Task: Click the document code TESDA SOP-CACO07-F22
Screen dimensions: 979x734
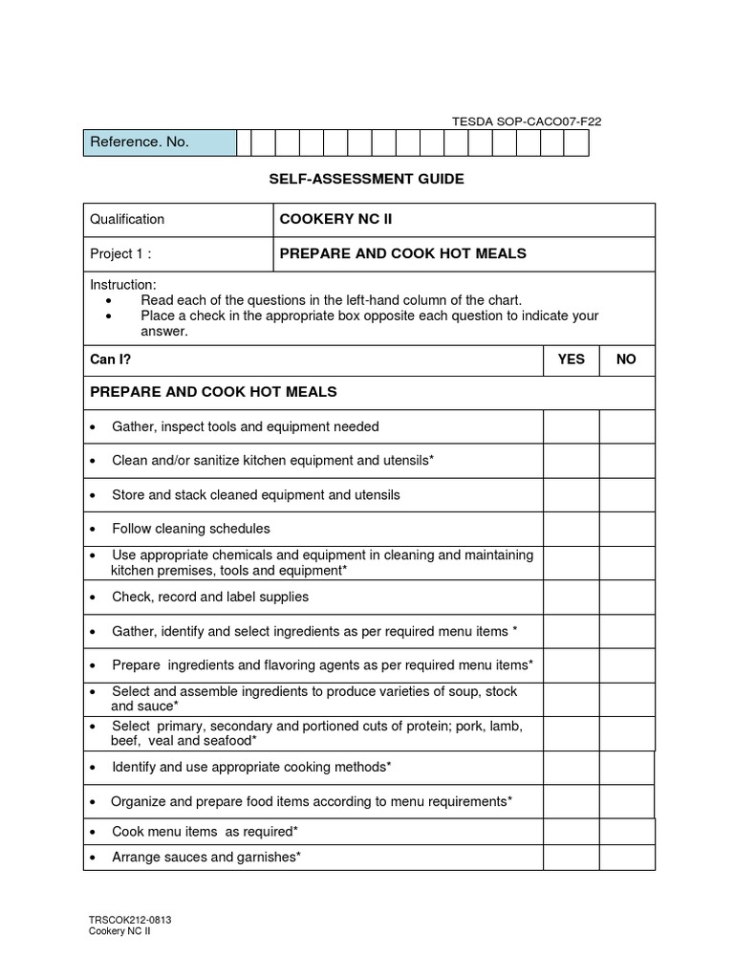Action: [526, 121]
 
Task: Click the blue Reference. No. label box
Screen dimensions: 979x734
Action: [159, 142]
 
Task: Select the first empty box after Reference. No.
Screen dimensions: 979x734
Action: [244, 142]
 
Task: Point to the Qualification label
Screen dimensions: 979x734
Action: [127, 219]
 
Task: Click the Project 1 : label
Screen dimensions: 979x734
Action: [120, 253]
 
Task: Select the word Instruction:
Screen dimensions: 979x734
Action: [123, 285]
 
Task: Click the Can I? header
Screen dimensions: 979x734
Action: [110, 359]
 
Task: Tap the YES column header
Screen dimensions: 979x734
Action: [572, 359]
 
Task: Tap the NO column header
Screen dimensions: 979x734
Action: [627, 359]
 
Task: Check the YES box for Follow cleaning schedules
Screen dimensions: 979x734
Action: [572, 529]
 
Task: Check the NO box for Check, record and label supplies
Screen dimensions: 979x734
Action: [627, 597]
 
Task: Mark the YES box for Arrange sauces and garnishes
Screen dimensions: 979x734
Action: [572, 858]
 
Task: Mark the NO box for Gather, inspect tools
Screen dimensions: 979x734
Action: [627, 426]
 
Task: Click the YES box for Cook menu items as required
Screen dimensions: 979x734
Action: [572, 832]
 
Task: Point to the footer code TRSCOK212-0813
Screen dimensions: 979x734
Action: [130, 920]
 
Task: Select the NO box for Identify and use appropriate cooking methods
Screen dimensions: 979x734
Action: [627, 767]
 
